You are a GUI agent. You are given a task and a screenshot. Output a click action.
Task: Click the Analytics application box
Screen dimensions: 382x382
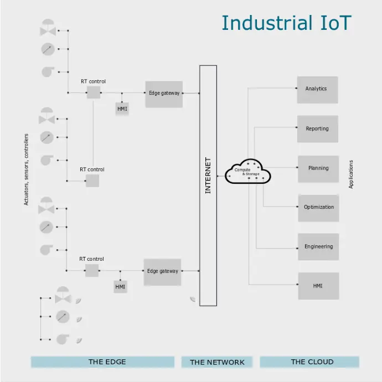317,89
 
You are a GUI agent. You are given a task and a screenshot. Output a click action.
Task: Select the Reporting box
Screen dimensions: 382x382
317,129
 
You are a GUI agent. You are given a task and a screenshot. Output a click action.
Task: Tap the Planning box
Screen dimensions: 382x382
318,169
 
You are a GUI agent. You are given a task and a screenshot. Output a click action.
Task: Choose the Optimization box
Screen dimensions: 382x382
318,208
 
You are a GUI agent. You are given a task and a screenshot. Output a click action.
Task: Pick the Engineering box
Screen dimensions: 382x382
318,247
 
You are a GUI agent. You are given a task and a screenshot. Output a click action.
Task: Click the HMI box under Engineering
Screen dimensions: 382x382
318,286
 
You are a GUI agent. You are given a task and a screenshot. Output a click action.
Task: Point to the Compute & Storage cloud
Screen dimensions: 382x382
247,172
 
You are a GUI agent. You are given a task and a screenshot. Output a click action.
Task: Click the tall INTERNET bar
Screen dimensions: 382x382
208,185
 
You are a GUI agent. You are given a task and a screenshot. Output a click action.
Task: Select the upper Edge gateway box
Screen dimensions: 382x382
164,94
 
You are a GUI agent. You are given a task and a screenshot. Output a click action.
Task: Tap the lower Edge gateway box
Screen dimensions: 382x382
162,272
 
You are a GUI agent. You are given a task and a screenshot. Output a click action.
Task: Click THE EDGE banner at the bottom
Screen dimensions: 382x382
107,362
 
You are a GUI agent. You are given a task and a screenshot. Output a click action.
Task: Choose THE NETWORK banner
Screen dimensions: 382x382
217,362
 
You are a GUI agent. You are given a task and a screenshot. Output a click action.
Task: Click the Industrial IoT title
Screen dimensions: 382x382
286,23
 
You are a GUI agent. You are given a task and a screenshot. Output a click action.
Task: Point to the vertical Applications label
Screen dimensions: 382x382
351,175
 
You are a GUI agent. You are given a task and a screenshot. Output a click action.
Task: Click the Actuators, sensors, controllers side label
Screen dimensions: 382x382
27,169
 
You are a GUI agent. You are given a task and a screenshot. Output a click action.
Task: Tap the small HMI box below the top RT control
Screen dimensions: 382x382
122,109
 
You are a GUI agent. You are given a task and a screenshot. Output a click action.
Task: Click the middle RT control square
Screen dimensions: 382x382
92,180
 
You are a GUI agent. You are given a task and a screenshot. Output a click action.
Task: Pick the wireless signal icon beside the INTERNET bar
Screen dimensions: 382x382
193,299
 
